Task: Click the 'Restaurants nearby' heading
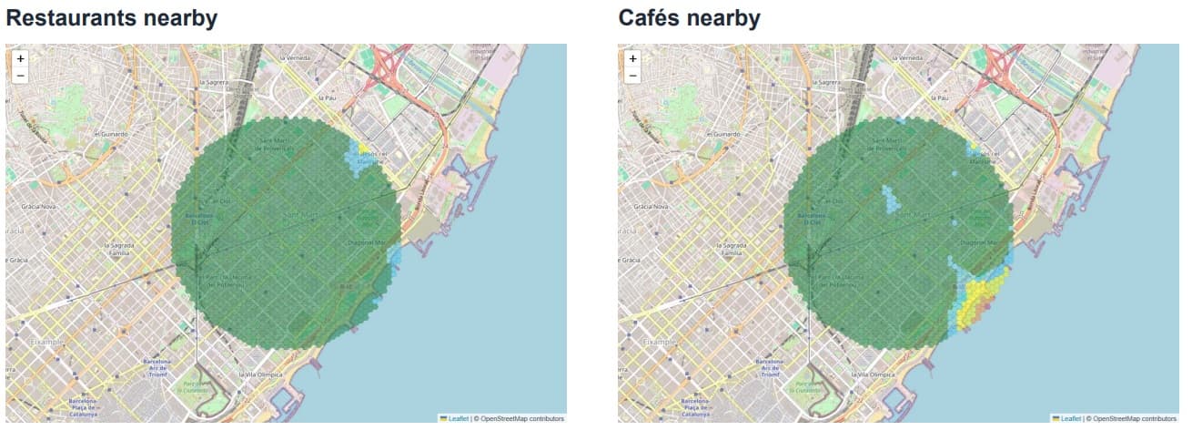[111, 18]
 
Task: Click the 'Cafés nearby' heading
[689, 18]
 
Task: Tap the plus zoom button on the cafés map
[633, 58]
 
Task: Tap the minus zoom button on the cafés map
[633, 75]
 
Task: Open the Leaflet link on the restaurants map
[460, 418]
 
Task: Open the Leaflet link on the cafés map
[1072, 418]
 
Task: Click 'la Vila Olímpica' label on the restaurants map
[260, 374]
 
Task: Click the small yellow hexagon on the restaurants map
[362, 146]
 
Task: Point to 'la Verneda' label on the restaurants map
[297, 57]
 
